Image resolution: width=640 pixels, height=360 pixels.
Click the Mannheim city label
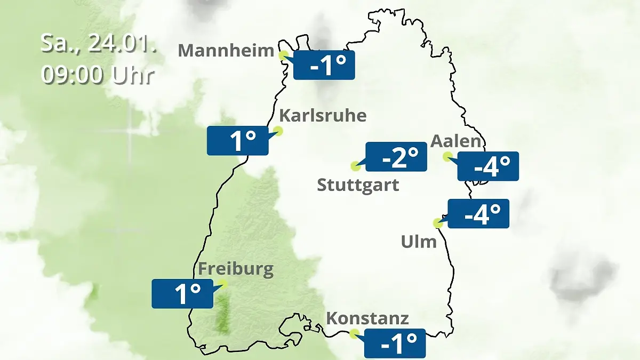[x=226, y=51]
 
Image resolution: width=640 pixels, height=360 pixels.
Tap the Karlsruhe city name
[x=323, y=116]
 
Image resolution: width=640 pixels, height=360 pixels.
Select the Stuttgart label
[x=358, y=186]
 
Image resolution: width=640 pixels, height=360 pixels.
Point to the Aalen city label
[x=456, y=141]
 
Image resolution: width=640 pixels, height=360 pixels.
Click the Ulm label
[x=419, y=242]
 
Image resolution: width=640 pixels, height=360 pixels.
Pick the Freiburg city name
[x=236, y=268]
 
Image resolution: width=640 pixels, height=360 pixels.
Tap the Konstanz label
[x=367, y=318]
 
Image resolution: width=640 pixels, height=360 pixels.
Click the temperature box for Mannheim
[x=324, y=65]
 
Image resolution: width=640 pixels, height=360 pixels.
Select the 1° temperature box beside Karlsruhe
[x=237, y=141]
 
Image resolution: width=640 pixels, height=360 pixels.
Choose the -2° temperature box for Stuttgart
[x=396, y=157]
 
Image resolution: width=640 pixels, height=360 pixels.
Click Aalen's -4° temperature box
[x=488, y=166]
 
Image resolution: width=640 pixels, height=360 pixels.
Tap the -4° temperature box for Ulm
[x=478, y=213]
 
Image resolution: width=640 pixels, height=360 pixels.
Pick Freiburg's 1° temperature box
[x=182, y=293]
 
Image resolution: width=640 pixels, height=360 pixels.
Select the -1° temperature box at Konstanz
[x=395, y=343]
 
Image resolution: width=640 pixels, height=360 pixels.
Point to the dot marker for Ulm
[x=438, y=222]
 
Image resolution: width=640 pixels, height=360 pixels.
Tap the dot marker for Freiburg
[x=223, y=284]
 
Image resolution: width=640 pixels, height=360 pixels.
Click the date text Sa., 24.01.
[x=99, y=43]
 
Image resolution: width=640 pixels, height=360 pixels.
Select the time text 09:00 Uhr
[x=98, y=75]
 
